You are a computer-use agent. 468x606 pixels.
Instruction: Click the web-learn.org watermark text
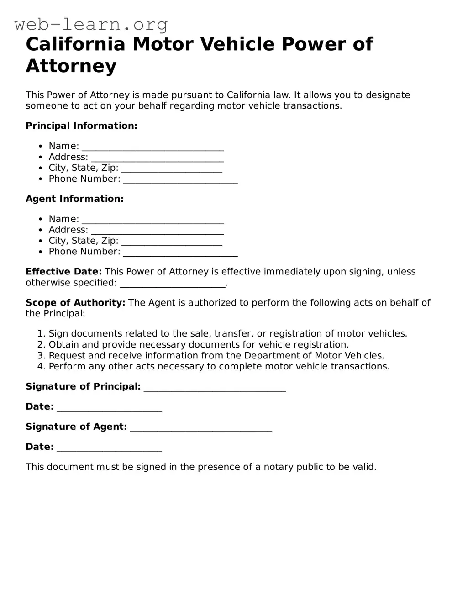[91, 24]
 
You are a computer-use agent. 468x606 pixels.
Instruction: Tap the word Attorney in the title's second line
[71, 66]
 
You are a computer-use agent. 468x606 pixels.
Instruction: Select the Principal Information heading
[81, 126]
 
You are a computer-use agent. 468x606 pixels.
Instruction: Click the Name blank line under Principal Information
[152, 147]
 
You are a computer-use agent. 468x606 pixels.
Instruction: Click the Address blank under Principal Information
[157, 158]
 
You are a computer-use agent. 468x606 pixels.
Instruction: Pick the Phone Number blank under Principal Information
[180, 180]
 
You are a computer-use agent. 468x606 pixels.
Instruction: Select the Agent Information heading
[74, 199]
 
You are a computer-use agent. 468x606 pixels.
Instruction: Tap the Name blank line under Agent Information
[152, 220]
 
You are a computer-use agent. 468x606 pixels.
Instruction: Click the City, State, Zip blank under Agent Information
[172, 242]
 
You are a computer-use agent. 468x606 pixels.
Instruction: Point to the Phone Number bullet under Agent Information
[41, 252]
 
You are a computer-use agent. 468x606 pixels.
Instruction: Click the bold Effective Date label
[63, 272]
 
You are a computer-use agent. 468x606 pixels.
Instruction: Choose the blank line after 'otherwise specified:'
[173, 284]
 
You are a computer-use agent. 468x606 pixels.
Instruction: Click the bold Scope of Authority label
[75, 303]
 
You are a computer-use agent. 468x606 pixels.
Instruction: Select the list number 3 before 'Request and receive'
[41, 356]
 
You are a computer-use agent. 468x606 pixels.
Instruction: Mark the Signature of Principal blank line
[215, 388]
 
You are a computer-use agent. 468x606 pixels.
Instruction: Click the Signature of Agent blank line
[201, 428]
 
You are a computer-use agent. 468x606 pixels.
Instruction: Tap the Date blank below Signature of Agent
[109, 448]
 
